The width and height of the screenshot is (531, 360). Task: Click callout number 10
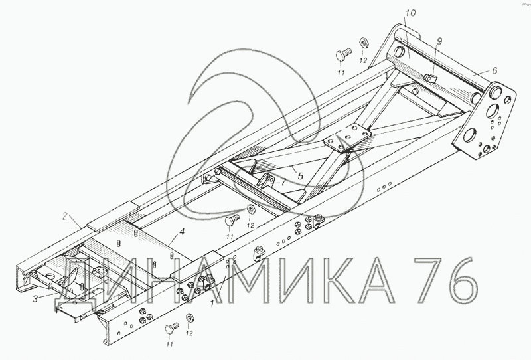click(x=410, y=13)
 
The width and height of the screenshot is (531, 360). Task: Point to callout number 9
click(x=439, y=41)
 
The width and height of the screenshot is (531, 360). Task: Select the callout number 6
click(x=494, y=70)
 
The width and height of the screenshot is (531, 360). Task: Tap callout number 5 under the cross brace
click(x=300, y=175)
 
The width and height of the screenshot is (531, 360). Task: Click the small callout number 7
click(x=283, y=182)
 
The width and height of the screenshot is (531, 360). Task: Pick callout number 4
click(x=182, y=232)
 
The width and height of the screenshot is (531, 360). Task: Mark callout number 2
click(x=65, y=216)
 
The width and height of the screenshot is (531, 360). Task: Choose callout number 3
click(x=35, y=299)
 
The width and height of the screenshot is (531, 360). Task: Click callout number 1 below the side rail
click(x=212, y=304)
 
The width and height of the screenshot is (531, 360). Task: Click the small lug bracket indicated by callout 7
click(x=266, y=181)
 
